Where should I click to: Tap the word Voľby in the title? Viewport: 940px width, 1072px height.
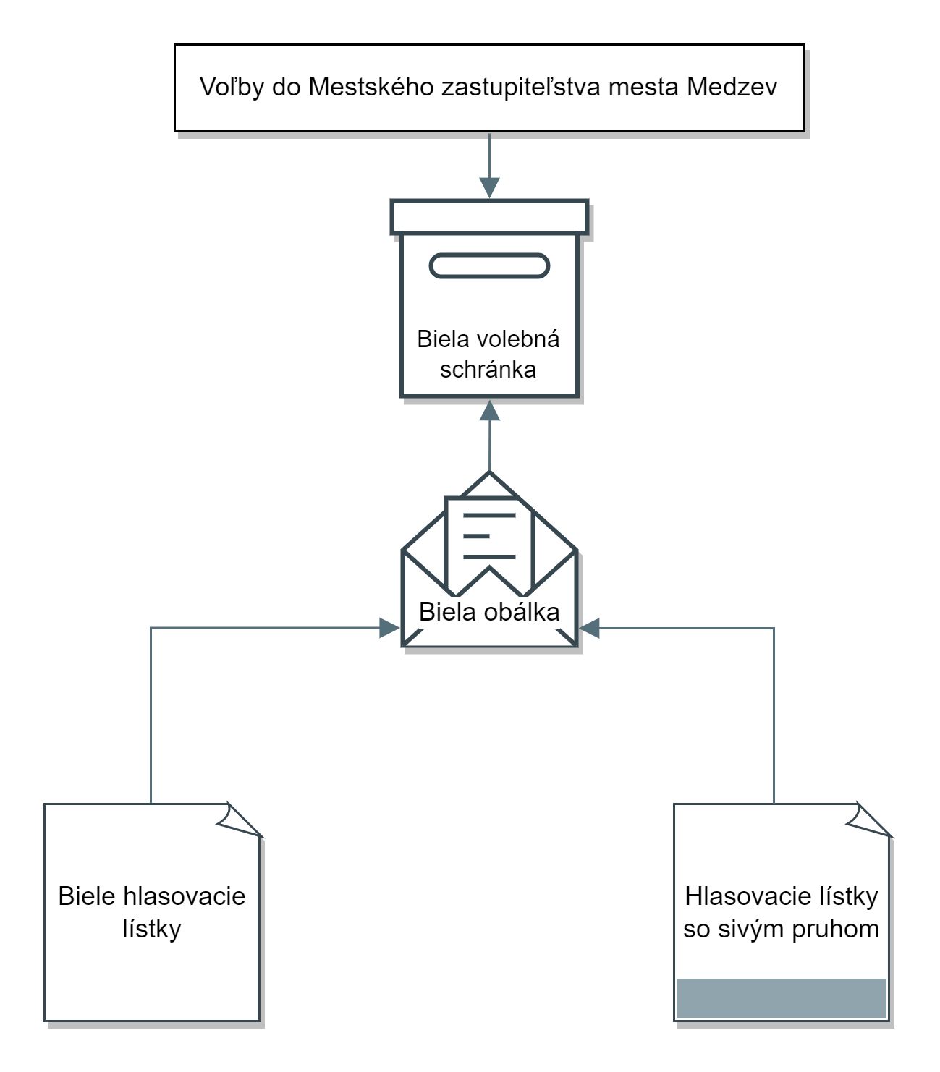click(232, 88)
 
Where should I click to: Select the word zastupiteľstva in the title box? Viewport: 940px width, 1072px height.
click(520, 88)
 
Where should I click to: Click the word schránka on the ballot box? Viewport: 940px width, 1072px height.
click(487, 370)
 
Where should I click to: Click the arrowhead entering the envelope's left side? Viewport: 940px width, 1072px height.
click(389, 628)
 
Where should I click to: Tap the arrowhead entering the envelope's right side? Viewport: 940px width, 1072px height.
click(588, 628)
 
